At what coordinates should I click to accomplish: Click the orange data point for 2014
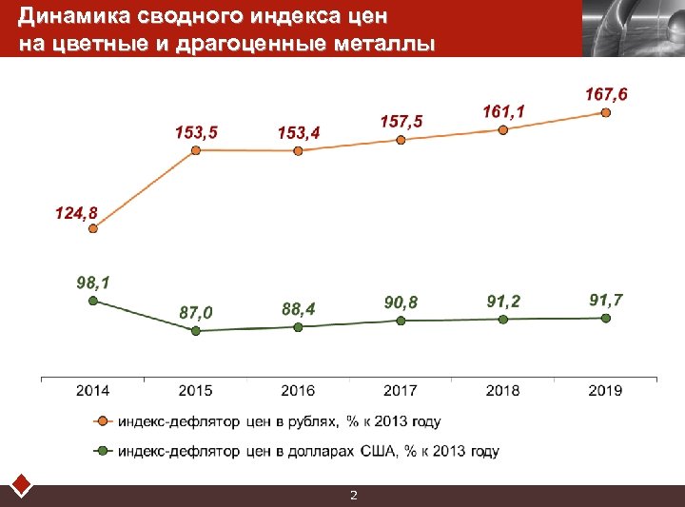(x=92, y=228)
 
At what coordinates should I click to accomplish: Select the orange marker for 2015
(x=195, y=150)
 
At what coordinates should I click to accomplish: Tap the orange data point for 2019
(x=606, y=112)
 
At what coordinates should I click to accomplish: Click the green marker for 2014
(x=92, y=301)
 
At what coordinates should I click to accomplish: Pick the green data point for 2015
(x=195, y=331)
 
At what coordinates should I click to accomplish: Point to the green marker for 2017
(x=401, y=322)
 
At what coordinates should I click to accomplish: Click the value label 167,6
(x=606, y=94)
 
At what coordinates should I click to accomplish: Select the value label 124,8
(x=76, y=212)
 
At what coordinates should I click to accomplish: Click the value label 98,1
(x=92, y=283)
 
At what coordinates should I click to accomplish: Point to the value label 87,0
(x=196, y=312)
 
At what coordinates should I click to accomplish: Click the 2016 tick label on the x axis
(x=298, y=390)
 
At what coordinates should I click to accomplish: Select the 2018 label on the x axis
(x=503, y=390)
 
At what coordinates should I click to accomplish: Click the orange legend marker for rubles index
(x=100, y=420)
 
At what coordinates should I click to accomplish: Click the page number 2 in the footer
(x=353, y=496)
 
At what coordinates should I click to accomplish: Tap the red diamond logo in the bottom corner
(x=21, y=485)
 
